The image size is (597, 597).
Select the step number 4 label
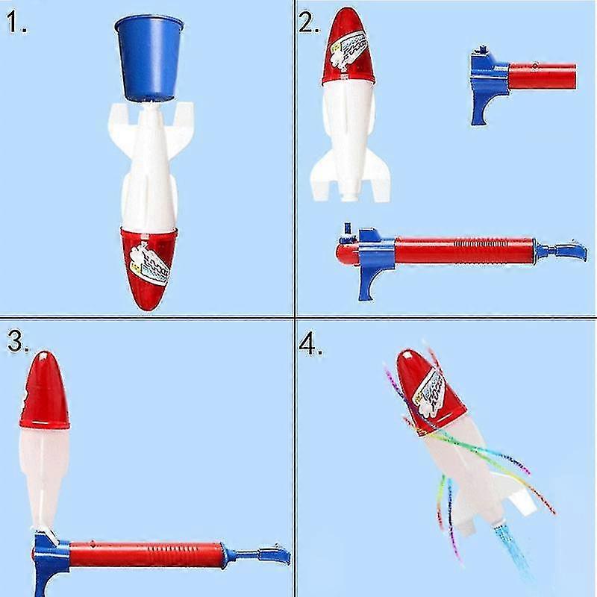click(x=311, y=345)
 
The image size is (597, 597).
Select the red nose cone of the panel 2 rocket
click(x=346, y=45)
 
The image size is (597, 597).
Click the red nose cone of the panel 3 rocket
click(x=45, y=392)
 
